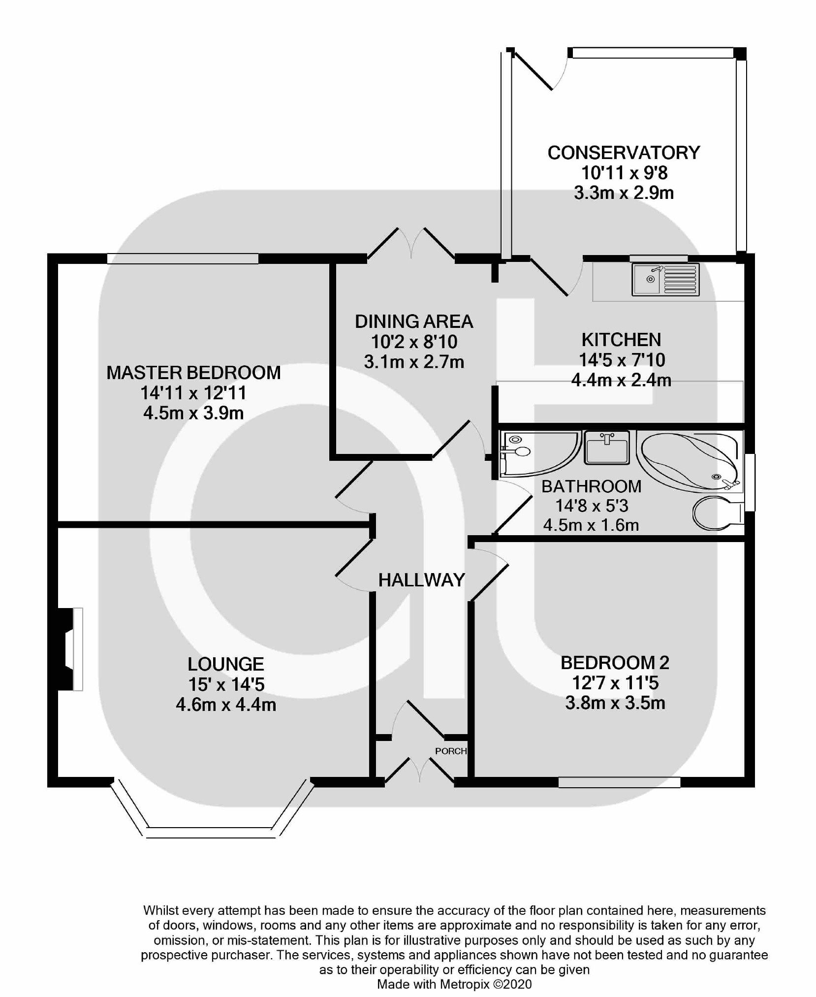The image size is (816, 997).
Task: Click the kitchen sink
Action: pyautogui.click(x=665, y=280)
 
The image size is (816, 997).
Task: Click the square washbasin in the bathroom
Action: pyautogui.click(x=607, y=447)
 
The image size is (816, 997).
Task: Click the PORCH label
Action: pyautogui.click(x=450, y=751)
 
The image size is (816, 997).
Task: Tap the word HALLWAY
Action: pyautogui.click(x=421, y=580)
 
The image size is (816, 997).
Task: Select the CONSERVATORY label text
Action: pyautogui.click(x=624, y=153)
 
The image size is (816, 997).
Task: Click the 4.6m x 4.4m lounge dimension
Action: pyautogui.click(x=226, y=705)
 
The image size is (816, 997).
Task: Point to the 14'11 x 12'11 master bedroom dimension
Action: pyautogui.click(x=193, y=393)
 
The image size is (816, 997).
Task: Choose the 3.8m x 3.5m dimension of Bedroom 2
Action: pyautogui.click(x=615, y=703)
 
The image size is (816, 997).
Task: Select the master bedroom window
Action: pyautogui.click(x=183, y=258)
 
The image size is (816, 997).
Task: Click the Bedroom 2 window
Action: pyautogui.click(x=619, y=782)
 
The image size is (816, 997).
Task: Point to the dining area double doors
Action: pyautogui.click(x=411, y=244)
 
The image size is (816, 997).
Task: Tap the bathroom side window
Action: pyautogui.click(x=750, y=482)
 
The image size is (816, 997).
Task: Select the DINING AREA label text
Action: pyautogui.click(x=414, y=322)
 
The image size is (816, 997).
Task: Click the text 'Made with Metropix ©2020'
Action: pyautogui.click(x=454, y=984)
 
